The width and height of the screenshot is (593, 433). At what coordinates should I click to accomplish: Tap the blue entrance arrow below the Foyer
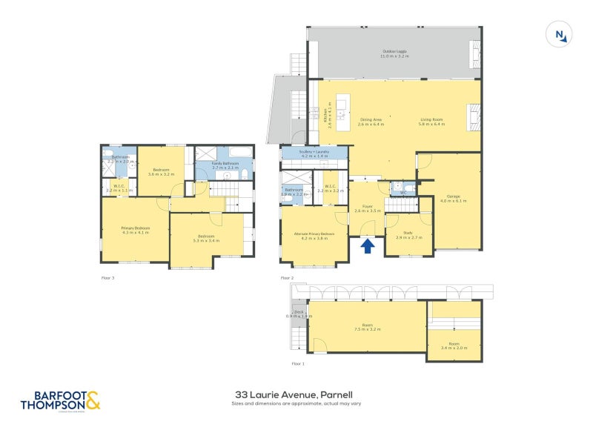(x=368, y=245)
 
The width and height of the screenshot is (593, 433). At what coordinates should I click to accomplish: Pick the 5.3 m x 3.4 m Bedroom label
(x=206, y=238)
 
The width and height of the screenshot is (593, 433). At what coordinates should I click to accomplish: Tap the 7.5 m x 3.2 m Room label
(x=367, y=327)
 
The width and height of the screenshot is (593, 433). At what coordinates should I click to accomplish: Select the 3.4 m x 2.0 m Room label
(x=454, y=345)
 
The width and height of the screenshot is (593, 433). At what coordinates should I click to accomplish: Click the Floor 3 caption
(x=107, y=278)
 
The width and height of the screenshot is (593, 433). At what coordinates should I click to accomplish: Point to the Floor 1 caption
(x=298, y=364)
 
